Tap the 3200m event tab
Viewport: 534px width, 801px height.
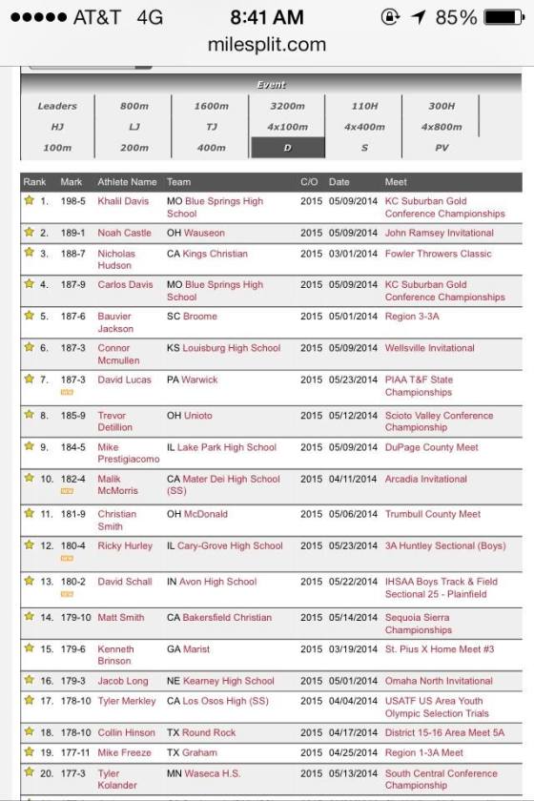[287, 106]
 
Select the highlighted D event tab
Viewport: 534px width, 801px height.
[287, 148]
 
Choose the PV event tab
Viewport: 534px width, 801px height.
[441, 148]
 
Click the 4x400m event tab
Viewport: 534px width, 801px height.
[364, 127]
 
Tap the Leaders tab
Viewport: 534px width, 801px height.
[57, 106]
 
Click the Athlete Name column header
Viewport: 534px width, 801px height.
[127, 181]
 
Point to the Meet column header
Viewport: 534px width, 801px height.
[396, 181]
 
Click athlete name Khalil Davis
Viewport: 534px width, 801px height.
[123, 202]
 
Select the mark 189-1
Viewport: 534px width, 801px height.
[72, 233]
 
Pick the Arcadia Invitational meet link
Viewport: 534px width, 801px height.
[425, 480]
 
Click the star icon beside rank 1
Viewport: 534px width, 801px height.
[29, 201]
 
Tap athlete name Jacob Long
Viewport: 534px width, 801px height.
[123, 681]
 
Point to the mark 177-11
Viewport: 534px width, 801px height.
[74, 752]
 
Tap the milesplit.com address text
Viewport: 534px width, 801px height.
[266, 45]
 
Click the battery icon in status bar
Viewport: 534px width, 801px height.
[503, 17]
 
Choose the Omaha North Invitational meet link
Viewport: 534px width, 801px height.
[439, 681]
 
